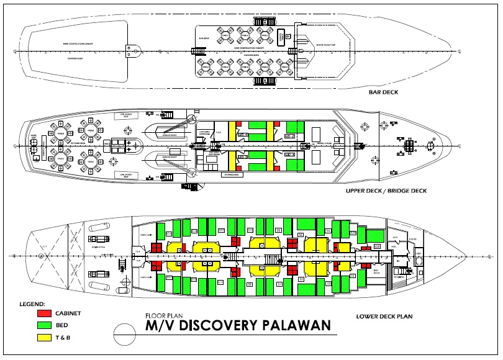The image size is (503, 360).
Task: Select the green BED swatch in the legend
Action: tap(43, 325)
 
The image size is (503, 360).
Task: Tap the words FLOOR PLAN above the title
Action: tap(163, 315)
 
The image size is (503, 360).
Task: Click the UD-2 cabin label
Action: tap(289, 136)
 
